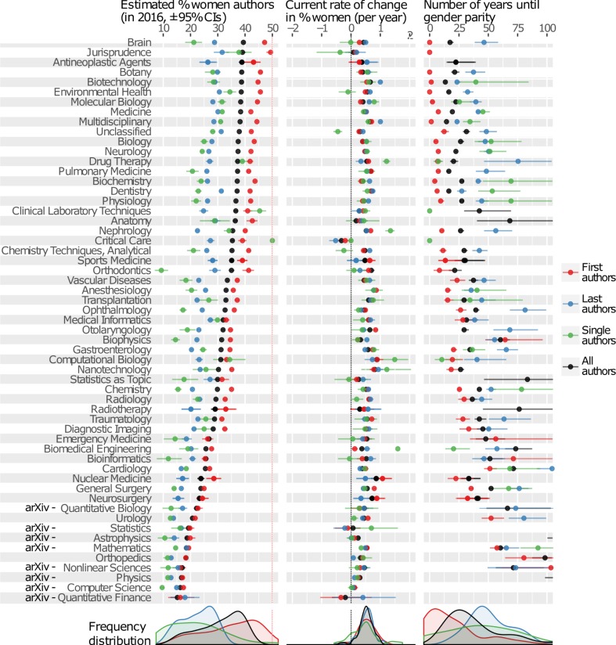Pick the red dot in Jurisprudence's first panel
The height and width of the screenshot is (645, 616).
[x=270, y=52]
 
